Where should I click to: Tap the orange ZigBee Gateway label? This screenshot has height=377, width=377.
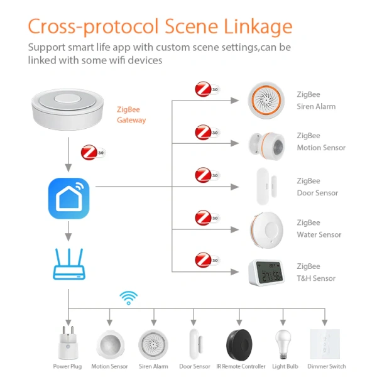[131, 114]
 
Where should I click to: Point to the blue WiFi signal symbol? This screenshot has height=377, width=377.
[129, 297]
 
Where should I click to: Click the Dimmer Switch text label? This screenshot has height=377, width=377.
[326, 366]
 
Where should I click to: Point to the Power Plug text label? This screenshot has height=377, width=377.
[68, 366]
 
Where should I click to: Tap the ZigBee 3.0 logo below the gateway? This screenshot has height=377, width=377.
[92, 153]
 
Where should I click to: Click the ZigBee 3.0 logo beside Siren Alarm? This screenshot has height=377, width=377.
[207, 90]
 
